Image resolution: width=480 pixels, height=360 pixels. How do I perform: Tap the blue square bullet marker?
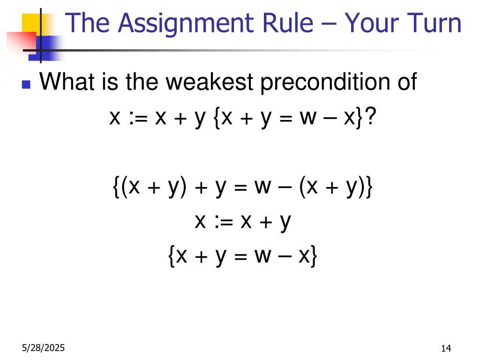(x=26, y=85)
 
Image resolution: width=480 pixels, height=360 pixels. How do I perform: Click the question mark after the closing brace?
(x=370, y=118)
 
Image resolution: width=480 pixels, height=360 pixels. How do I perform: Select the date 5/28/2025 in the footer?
(x=43, y=348)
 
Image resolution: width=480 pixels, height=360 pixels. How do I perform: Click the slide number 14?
(x=446, y=348)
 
